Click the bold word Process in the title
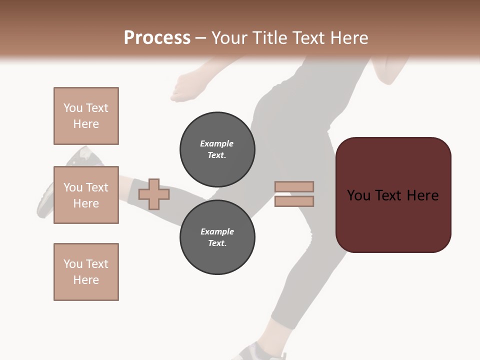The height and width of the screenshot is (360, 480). click(157, 38)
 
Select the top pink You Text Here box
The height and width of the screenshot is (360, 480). click(86, 116)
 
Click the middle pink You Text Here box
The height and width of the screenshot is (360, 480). click(86, 195)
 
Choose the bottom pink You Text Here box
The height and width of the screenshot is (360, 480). click(86, 272)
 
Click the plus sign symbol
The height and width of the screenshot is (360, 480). click(154, 194)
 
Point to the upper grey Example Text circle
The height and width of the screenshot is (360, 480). click(217, 149)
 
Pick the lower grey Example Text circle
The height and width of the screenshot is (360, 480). click(217, 237)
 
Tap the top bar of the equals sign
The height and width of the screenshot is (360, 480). click(294, 186)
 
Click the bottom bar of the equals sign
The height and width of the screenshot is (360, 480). click(294, 201)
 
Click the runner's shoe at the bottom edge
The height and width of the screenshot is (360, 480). click(257, 351)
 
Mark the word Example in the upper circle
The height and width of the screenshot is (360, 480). click(217, 143)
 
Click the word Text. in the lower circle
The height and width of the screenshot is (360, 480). click(217, 243)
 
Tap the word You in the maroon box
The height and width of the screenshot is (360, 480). click(359, 195)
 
